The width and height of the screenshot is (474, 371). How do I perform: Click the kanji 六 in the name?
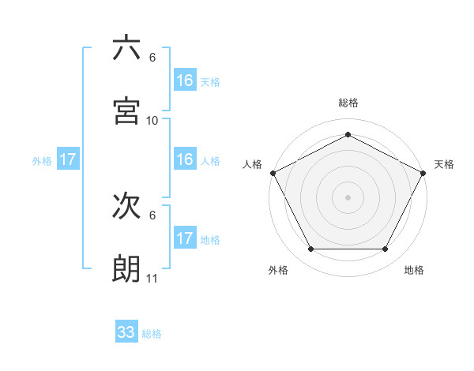[x=126, y=48]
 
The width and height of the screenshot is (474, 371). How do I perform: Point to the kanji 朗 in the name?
[x=126, y=268]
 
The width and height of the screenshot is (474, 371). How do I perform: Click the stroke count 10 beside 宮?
[x=152, y=121]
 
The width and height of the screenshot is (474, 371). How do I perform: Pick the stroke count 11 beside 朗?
[x=152, y=279]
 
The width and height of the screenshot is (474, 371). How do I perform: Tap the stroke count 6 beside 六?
[x=152, y=58]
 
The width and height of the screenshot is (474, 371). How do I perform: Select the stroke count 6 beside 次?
[x=152, y=215]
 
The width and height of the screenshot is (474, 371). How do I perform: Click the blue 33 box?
[x=126, y=332]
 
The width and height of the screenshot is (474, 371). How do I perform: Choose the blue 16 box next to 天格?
[x=185, y=81]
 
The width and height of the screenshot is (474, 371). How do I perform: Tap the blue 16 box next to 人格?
[x=185, y=159]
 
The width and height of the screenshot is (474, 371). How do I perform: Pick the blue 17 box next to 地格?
[x=185, y=238]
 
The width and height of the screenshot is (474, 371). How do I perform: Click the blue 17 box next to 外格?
[x=68, y=159]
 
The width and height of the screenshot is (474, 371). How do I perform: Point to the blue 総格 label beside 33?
[x=152, y=334]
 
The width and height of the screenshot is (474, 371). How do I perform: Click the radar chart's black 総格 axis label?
[x=348, y=103]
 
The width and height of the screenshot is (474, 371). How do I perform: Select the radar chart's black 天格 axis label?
[x=444, y=164]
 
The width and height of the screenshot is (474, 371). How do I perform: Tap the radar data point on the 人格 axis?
[x=273, y=172]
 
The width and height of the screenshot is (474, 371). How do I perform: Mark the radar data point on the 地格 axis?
[x=386, y=249]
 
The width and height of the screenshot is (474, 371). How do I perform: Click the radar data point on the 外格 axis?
[x=310, y=249]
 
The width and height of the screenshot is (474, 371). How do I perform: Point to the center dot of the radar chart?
[x=348, y=197]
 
